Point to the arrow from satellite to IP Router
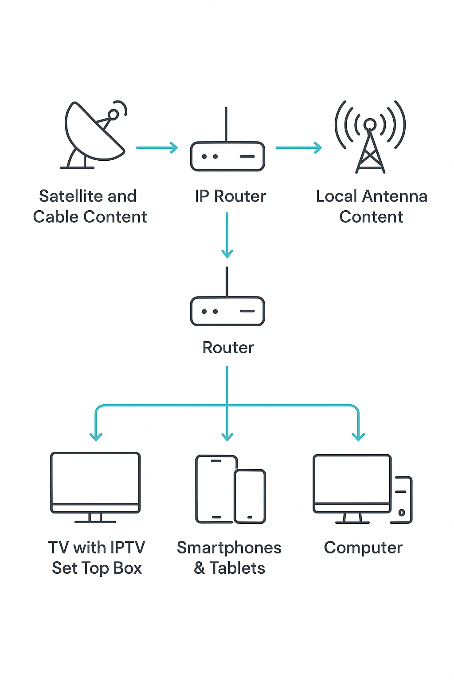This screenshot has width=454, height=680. pyautogui.click(x=157, y=147)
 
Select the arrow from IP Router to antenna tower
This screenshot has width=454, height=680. pyautogui.click(x=298, y=147)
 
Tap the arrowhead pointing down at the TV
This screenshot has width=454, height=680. pyautogui.click(x=96, y=436)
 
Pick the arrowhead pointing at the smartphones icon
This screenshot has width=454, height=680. pyautogui.click(x=227, y=436)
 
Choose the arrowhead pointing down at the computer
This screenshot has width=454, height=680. pyautogui.click(x=358, y=436)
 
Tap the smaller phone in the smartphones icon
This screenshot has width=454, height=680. pyautogui.click(x=250, y=496)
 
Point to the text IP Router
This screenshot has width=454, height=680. pyautogui.click(x=230, y=196)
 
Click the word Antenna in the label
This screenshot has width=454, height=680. pyautogui.click(x=395, y=196)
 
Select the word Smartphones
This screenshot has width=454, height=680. pyautogui.click(x=229, y=548)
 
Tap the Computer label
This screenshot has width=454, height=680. pyautogui.click(x=363, y=548)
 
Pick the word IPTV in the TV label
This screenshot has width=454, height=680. pyautogui.click(x=128, y=548)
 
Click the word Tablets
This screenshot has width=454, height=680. pyautogui.click(x=237, y=568)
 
